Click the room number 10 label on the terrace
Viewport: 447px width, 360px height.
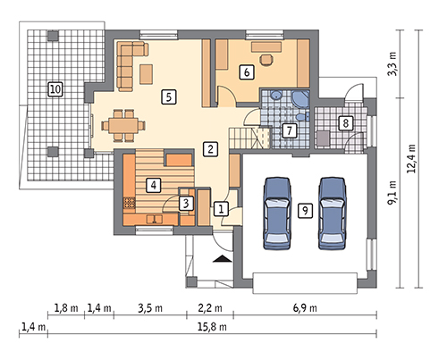(55, 88)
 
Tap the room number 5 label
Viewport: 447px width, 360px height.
(169, 96)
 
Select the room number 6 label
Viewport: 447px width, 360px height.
(247, 72)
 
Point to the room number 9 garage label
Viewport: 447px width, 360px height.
(305, 211)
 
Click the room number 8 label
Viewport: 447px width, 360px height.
(346, 122)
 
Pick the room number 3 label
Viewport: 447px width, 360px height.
(186, 204)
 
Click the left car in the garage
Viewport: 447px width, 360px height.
(277, 213)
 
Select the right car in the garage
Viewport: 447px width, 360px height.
(333, 213)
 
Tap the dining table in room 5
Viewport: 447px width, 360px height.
(123, 126)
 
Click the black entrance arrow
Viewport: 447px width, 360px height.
(223, 258)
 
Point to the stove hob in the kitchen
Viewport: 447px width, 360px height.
(129, 204)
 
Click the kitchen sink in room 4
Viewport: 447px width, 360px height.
(155, 220)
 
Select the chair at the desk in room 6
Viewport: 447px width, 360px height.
(266, 59)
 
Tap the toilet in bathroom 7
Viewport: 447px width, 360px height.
(302, 116)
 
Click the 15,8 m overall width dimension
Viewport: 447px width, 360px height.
(212, 327)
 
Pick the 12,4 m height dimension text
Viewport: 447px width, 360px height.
(411, 159)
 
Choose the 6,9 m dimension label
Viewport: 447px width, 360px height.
(305, 308)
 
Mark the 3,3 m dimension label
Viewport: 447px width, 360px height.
(392, 64)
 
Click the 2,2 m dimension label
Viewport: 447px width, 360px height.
(210, 308)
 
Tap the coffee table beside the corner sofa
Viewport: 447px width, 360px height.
(147, 74)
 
